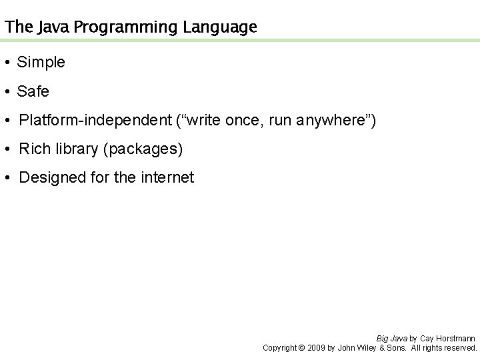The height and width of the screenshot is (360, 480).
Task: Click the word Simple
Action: point(41,63)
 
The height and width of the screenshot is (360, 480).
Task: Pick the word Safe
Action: point(33,91)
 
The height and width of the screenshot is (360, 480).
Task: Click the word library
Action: point(74,149)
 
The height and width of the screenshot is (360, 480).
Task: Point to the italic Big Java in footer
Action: point(390,339)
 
